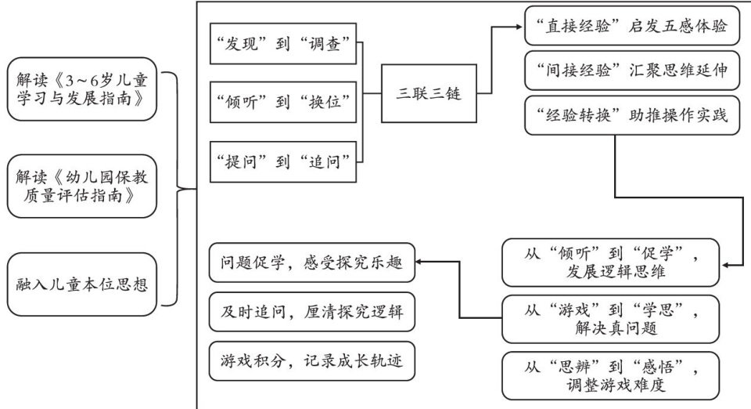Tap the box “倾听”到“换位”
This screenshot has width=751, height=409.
click(285, 100)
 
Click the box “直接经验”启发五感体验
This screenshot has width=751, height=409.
click(627, 27)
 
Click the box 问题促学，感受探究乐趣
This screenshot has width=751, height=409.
click(312, 263)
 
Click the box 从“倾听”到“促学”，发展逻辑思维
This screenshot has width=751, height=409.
click(610, 262)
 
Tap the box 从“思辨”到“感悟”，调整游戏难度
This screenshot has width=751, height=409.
click(610, 375)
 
